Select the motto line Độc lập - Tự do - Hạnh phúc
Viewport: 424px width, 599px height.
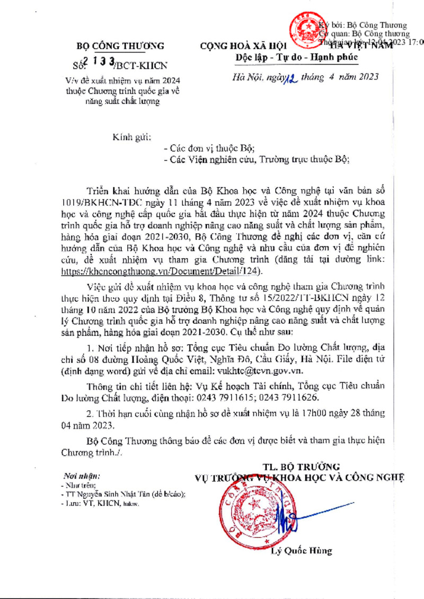click(x=297, y=57)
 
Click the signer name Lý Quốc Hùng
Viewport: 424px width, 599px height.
click(x=301, y=551)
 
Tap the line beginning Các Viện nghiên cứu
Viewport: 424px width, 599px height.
click(x=257, y=158)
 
